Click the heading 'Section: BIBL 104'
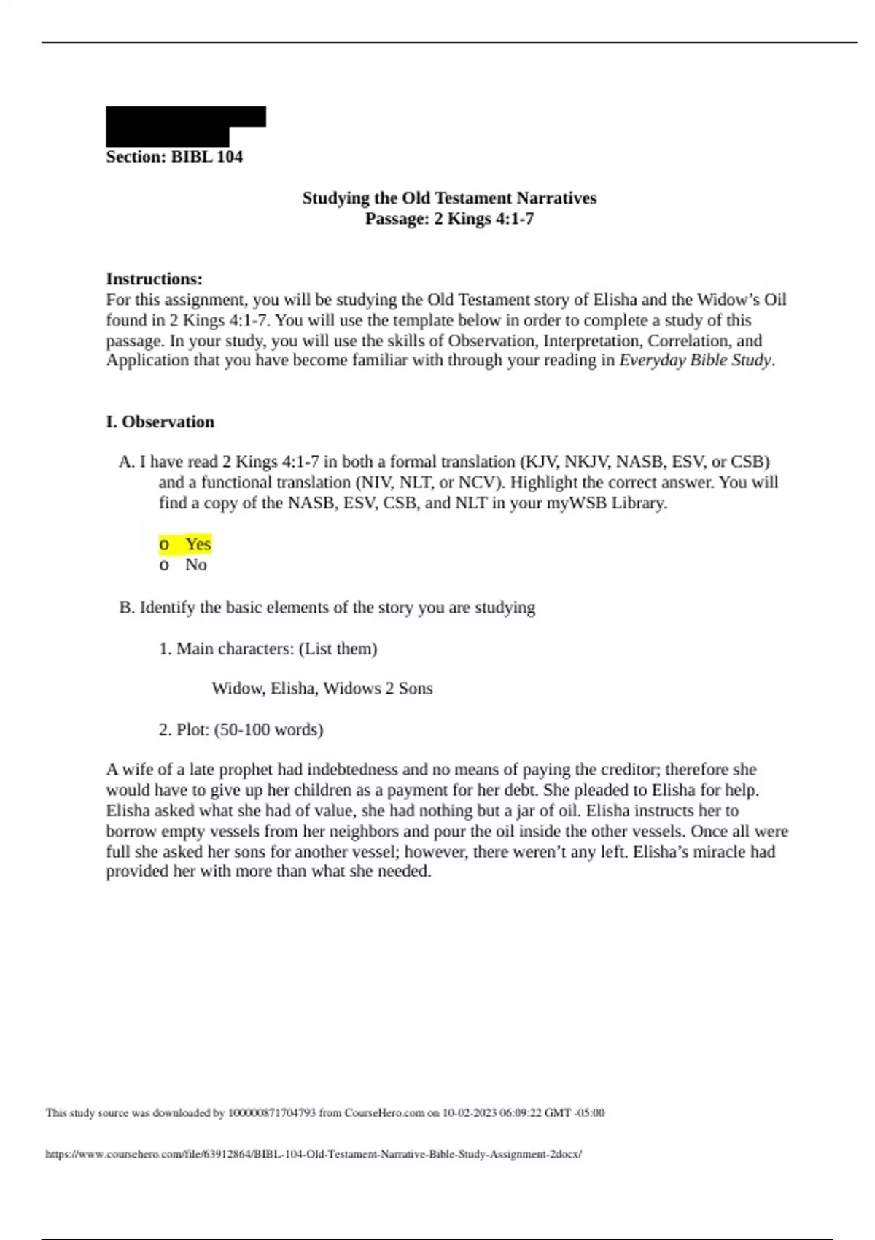[x=174, y=157]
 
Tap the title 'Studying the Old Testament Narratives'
[x=449, y=198]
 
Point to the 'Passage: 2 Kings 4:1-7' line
[x=449, y=218]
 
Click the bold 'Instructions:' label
[x=155, y=279]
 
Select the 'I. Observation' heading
[x=160, y=422]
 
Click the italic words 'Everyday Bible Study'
[x=694, y=360]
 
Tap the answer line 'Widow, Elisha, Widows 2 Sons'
[x=322, y=689]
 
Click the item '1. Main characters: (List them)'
[x=268, y=648]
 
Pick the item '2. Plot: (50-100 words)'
[x=241, y=729]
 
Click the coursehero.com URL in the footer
[x=314, y=1154]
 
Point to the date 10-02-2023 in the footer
[x=470, y=1113]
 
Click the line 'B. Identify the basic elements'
[x=327, y=608]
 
